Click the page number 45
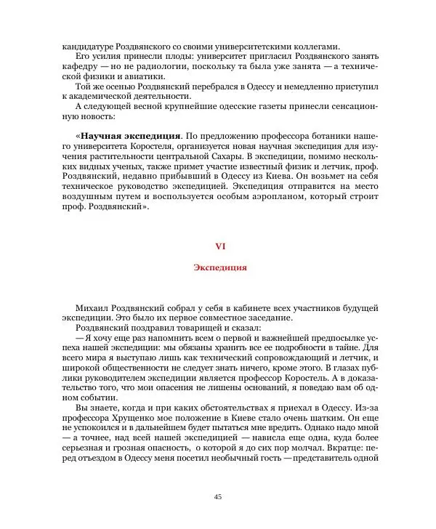click(x=218, y=496)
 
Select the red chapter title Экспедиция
click(x=219, y=267)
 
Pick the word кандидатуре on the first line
click(x=89, y=45)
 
